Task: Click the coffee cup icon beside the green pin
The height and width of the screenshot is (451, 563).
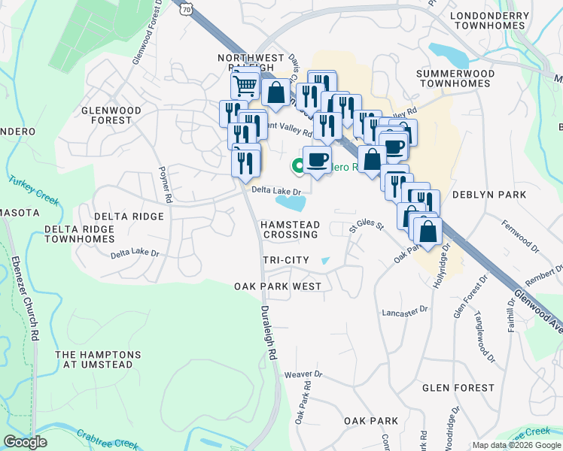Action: point(317,159)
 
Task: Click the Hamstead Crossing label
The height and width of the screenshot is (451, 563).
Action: point(291,230)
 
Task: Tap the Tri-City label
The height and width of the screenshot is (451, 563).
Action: point(286,259)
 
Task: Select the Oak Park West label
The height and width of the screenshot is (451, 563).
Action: point(278,286)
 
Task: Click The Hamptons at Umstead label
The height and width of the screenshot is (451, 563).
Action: point(98,359)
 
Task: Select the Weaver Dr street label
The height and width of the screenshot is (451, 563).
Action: point(303,374)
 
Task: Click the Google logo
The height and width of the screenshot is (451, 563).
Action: point(25,442)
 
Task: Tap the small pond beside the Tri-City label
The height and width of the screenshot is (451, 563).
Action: point(324,261)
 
